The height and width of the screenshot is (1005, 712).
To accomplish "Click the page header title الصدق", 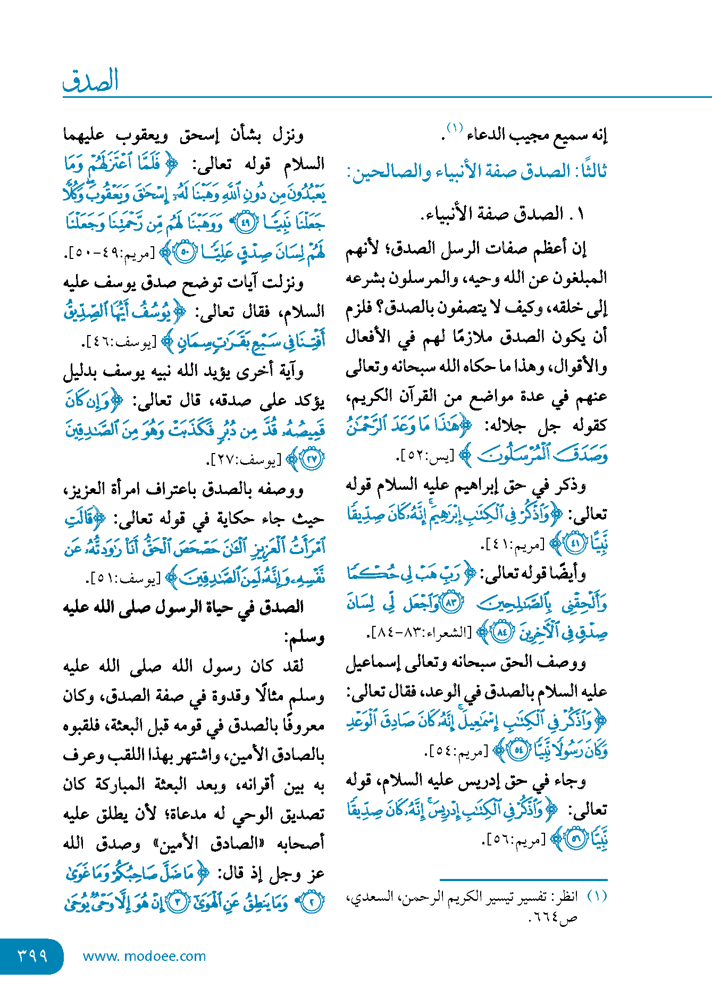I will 90,80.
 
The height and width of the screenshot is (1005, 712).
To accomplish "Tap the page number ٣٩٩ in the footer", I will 32,956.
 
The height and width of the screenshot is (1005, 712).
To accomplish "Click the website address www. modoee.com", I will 144,956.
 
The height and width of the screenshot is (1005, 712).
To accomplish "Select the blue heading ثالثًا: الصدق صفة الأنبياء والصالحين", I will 477,172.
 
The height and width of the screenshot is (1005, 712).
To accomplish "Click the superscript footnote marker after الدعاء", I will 455,128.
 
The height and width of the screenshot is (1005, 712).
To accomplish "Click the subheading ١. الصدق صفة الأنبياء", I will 502,214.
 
